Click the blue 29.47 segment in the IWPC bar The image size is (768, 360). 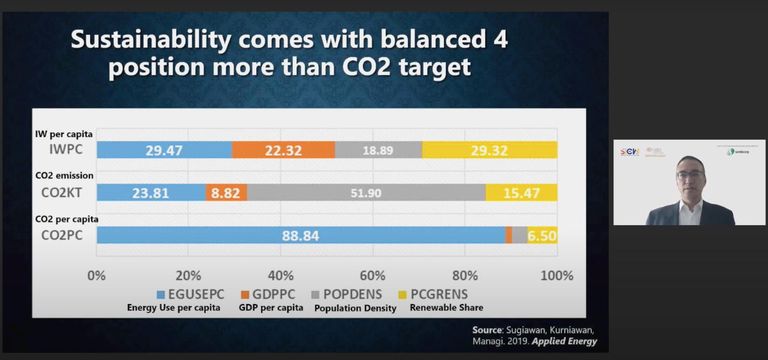pyautogui.click(x=164, y=150)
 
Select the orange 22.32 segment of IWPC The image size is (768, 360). pyautogui.click(x=283, y=150)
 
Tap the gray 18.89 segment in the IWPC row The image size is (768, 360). pyautogui.click(x=378, y=150)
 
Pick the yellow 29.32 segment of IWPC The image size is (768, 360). pyautogui.click(x=489, y=150)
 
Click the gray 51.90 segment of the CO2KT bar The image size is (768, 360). pyautogui.click(x=366, y=193)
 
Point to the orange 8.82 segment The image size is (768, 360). pyautogui.click(x=226, y=193)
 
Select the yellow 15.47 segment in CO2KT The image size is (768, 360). pyautogui.click(x=521, y=193)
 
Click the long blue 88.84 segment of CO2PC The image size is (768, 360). pyautogui.click(x=300, y=235)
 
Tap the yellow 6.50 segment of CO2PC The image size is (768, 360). pyautogui.click(x=542, y=235)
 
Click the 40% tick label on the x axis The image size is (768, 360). pyautogui.click(x=281, y=276)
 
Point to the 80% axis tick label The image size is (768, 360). pyautogui.click(x=465, y=276)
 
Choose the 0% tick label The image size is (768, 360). pyautogui.click(x=97, y=276)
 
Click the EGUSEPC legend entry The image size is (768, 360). pyautogui.click(x=190, y=294)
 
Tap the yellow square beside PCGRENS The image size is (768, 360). pyautogui.click(x=403, y=294)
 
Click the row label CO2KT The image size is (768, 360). pyautogui.click(x=62, y=193)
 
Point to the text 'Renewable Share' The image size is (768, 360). pyautogui.click(x=446, y=308)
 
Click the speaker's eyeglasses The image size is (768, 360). pyautogui.click(x=690, y=175)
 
